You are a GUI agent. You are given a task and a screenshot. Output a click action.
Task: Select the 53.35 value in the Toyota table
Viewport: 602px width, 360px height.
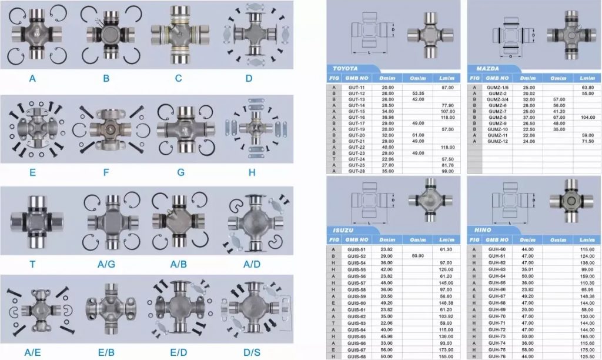[419, 93]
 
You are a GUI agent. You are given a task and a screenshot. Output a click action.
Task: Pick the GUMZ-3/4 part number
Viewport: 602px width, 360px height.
[498, 99]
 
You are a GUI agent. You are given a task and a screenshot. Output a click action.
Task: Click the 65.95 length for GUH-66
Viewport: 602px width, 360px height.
[587, 289]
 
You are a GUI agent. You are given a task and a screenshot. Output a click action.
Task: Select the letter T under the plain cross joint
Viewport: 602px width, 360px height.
[32, 265]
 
